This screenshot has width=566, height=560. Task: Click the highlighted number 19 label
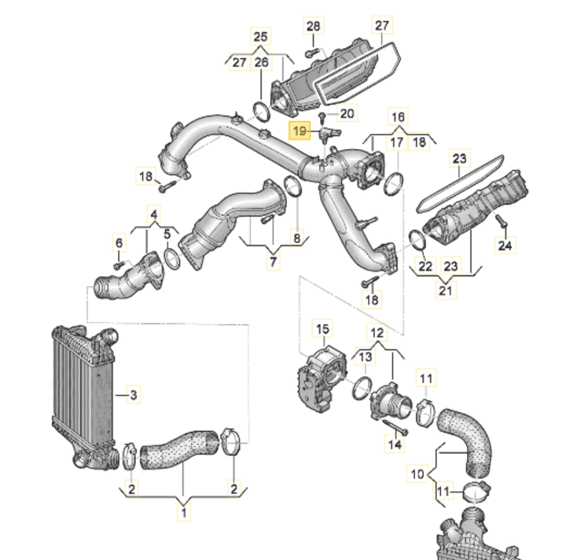coord(300,131)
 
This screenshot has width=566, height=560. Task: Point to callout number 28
coord(313,27)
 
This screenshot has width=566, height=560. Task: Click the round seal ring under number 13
coord(362,388)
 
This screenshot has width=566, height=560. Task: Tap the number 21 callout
coord(446,290)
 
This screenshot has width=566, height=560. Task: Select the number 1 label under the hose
coord(184,514)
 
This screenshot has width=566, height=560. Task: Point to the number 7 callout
coord(273,261)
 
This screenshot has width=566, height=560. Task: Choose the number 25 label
coord(260,36)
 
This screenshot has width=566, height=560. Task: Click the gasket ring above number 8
coord(291,188)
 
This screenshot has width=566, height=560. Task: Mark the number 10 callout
coord(417,474)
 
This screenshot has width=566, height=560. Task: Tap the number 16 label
coord(398,117)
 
